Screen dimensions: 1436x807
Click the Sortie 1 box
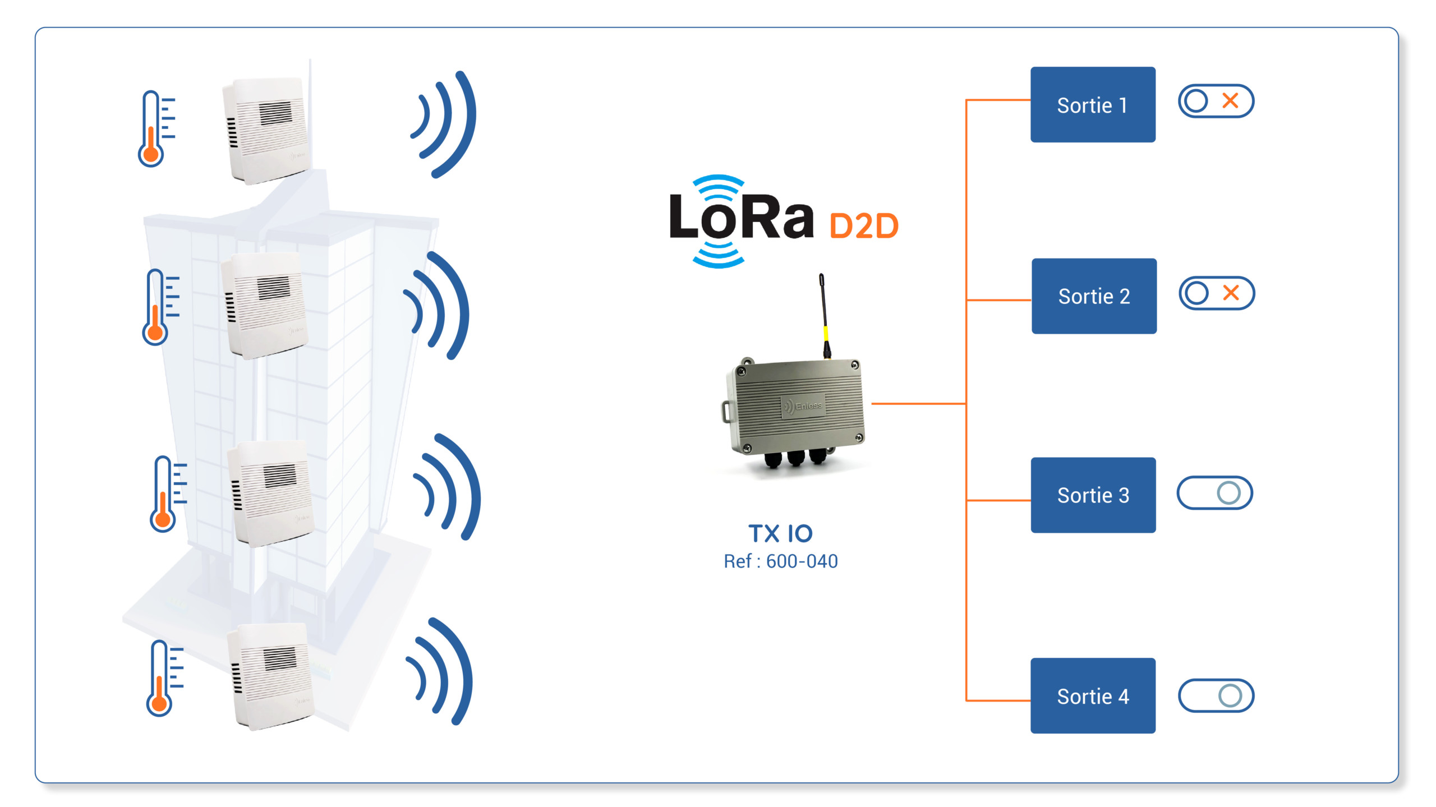click(x=1093, y=104)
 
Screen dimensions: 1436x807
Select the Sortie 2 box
click(x=1094, y=296)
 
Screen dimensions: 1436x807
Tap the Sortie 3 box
click(x=1093, y=495)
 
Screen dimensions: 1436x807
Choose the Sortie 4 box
click(x=1093, y=695)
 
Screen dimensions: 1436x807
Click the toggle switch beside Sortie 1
click(x=1216, y=101)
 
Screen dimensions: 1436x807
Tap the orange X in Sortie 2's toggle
click(x=1231, y=293)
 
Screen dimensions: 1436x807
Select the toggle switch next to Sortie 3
click(x=1215, y=493)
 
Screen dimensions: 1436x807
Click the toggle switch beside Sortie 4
click(x=1216, y=696)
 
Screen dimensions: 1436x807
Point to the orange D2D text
click(x=864, y=226)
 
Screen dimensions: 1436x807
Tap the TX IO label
click(x=780, y=533)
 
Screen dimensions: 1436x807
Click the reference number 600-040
click(x=802, y=561)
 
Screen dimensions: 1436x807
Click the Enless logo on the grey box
click(x=803, y=405)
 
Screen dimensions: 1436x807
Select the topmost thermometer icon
click(x=157, y=129)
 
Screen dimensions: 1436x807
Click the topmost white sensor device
click(x=267, y=131)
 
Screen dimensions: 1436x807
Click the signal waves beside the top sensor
click(x=444, y=124)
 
